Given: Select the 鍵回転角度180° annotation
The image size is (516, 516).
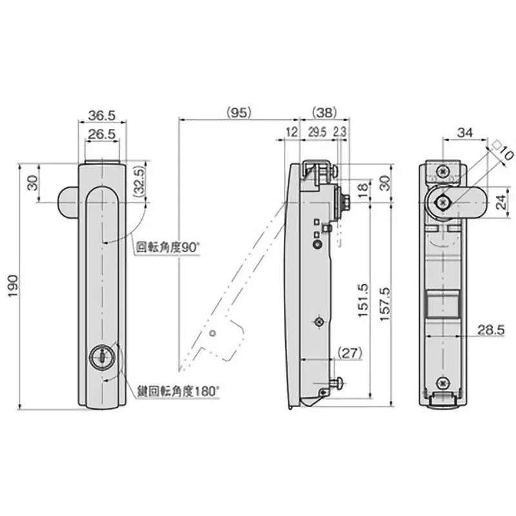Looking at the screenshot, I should (x=178, y=390).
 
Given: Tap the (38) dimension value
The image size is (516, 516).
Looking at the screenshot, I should (x=324, y=112).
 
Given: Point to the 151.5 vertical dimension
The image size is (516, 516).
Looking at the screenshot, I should (x=362, y=301).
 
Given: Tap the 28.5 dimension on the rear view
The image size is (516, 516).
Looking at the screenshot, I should (x=491, y=330).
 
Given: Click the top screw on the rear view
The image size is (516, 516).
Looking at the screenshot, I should (x=442, y=170).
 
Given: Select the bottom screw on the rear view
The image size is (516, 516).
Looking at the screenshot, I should (x=442, y=382).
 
